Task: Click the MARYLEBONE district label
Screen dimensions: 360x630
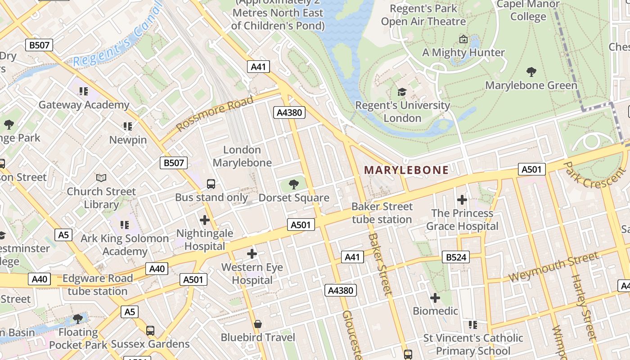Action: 406,170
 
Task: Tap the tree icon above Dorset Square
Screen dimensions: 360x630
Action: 294,184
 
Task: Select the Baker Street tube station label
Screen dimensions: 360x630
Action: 382,213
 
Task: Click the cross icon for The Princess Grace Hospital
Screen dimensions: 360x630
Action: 462,199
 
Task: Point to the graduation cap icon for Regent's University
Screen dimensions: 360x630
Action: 402,92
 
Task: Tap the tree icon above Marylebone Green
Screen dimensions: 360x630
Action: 531,72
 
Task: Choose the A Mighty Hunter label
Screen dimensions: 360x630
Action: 463,52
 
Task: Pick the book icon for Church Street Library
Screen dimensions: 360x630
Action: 101,178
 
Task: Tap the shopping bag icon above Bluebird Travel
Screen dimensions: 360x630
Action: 258,324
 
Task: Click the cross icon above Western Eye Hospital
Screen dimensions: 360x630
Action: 252,254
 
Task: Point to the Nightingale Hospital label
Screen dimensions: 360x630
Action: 205,239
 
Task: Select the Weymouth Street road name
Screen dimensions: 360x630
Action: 554,267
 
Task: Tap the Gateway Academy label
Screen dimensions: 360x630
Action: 84,105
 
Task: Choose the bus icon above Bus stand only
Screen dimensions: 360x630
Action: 211,184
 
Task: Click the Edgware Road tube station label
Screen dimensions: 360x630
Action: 98,284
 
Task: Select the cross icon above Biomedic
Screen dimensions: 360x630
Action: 435,297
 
